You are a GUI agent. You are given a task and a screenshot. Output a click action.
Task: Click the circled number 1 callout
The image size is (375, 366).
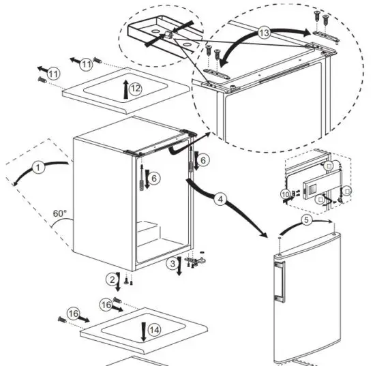pyautogui.click(x=39, y=166)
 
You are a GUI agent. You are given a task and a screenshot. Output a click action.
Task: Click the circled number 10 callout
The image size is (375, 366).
pyautogui.click(x=284, y=195)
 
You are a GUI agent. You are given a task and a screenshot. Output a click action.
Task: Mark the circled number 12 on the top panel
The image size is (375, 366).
pyautogui.click(x=135, y=88)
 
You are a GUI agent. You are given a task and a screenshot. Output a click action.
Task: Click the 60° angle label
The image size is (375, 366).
pyautogui.click(x=60, y=213)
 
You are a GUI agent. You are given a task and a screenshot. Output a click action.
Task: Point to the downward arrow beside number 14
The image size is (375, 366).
pyautogui.click(x=143, y=331)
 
